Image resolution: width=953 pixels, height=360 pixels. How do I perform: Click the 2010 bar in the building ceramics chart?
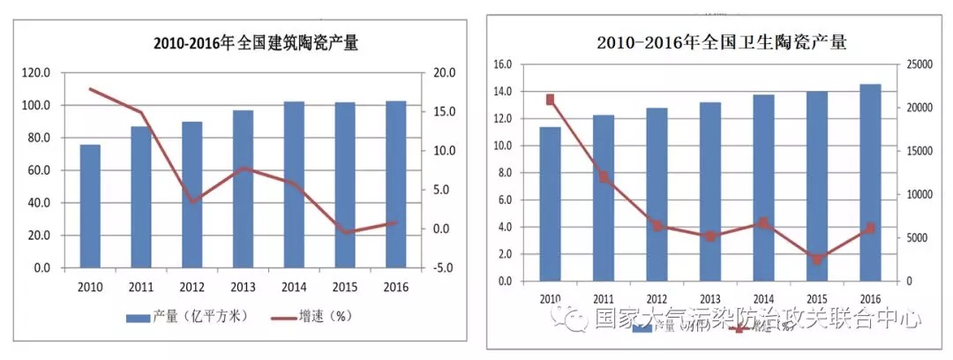click(90, 206)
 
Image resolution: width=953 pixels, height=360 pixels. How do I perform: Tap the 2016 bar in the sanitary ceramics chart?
click(871, 183)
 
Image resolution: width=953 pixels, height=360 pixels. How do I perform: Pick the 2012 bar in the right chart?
click(657, 194)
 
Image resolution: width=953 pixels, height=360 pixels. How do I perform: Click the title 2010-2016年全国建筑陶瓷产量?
click(256, 43)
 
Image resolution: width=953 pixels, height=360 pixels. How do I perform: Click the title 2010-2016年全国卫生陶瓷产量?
click(721, 42)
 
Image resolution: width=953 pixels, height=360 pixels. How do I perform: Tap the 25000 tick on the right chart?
click(918, 64)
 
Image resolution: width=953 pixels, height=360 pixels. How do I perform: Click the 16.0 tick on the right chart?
click(503, 64)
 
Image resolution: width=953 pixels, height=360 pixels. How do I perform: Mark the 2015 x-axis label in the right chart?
click(817, 299)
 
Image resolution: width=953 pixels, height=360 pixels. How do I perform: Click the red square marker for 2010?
click(550, 100)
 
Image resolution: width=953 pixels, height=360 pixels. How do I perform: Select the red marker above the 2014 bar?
click(764, 223)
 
